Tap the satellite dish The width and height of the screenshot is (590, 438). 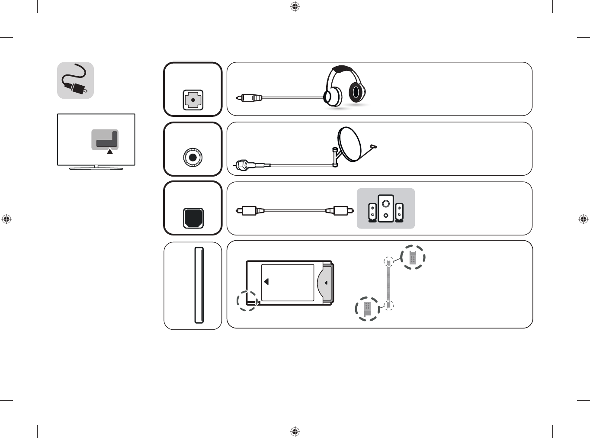(x=351, y=144)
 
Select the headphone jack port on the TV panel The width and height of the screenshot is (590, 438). (x=193, y=100)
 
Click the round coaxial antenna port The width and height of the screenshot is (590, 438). (x=192, y=158)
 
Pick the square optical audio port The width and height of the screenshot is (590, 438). (x=193, y=218)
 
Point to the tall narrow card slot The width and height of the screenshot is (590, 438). (x=199, y=285)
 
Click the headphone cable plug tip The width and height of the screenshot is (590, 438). (x=238, y=98)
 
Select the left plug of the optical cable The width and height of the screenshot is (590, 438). (x=250, y=211)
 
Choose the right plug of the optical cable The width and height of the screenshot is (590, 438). (x=340, y=211)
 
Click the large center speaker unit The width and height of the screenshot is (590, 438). (x=385, y=208)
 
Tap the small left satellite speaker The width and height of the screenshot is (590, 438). (x=372, y=212)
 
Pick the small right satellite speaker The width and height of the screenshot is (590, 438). (x=399, y=212)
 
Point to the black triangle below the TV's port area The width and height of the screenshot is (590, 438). (x=110, y=151)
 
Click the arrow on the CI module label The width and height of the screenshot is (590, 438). (x=266, y=282)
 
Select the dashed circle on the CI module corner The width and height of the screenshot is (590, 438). (x=247, y=300)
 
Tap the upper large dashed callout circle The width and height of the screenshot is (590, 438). (x=413, y=258)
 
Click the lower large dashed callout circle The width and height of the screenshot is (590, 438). (x=367, y=309)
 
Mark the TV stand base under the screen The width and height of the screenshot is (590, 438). (x=96, y=168)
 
